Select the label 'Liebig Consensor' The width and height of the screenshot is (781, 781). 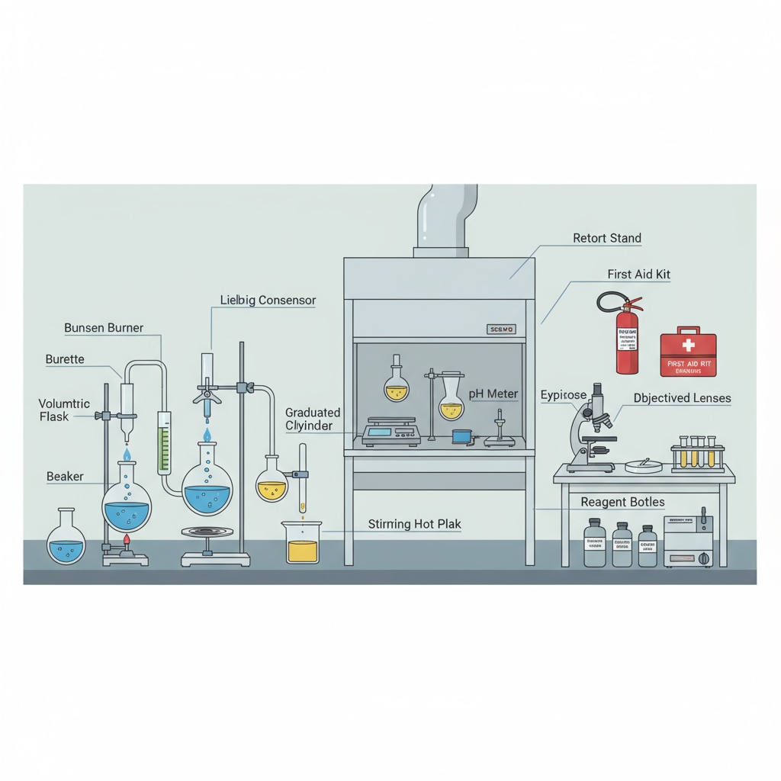268,301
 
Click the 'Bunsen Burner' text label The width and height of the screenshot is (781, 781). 103,328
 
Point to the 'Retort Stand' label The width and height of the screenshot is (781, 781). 606,238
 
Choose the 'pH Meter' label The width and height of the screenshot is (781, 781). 493,394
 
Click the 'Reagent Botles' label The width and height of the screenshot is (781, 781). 622,502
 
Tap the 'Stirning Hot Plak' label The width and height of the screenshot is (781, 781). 414,524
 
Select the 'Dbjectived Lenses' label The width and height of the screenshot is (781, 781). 682,398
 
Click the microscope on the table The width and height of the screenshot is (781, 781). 590,431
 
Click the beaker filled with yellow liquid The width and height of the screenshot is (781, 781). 303,544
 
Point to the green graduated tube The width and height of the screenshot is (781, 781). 163,446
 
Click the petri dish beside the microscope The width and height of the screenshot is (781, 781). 643,465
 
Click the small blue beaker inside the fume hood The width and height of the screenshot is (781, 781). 461,436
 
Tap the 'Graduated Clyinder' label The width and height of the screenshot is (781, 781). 313,419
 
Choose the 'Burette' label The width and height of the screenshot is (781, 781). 65,359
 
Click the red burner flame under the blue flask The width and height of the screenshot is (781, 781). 127,541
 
